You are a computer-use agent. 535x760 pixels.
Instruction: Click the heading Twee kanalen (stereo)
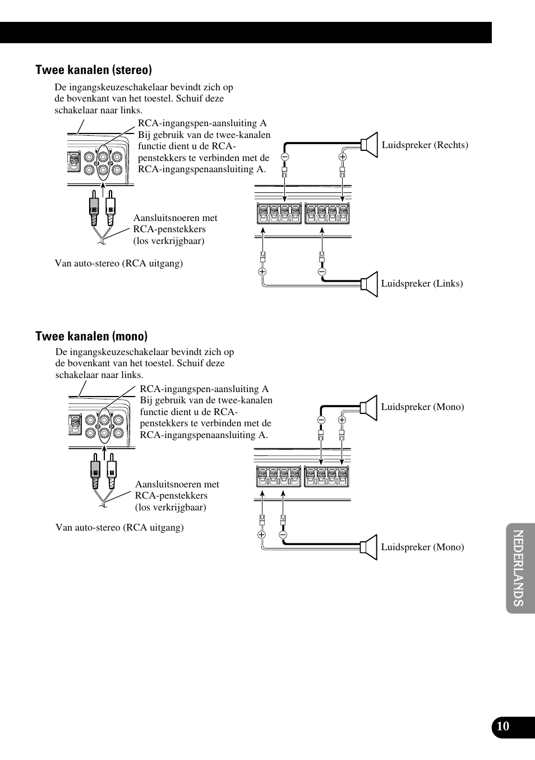click(94, 70)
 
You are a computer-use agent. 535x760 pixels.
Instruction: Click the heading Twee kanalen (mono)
click(91, 337)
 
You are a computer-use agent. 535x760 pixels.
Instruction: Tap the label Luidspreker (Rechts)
click(425, 145)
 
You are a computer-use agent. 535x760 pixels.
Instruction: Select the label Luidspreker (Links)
click(422, 284)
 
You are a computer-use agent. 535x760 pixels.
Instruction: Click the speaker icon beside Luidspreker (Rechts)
click(370, 145)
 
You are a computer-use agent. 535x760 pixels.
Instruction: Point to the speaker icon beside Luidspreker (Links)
click(370, 284)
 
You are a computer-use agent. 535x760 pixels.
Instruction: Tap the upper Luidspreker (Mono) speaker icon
click(369, 407)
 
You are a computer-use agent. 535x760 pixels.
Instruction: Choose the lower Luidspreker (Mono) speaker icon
click(369, 547)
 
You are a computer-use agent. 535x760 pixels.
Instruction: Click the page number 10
click(503, 726)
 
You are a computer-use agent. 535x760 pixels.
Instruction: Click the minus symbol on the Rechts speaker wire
click(285, 157)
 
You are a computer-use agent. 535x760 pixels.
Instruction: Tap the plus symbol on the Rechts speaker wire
click(343, 157)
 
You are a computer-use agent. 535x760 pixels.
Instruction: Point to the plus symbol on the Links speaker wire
click(262, 271)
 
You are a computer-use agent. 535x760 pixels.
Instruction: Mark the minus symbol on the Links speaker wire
click(322, 271)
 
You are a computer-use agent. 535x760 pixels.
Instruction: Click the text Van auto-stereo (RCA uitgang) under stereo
click(118, 264)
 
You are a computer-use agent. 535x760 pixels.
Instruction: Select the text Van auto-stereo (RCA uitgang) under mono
click(119, 528)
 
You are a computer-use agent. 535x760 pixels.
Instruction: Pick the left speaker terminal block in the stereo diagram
click(279, 214)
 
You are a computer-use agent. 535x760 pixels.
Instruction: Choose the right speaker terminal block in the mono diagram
click(326, 477)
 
